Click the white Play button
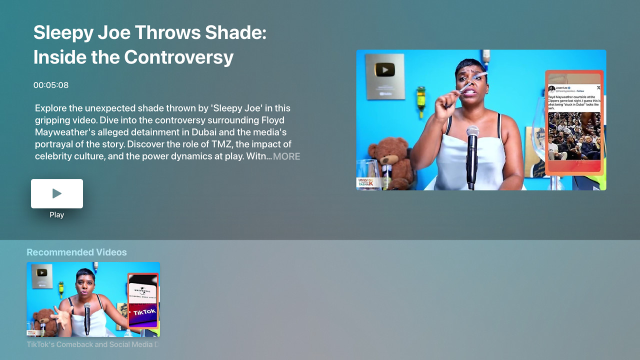(57, 193)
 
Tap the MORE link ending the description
(286, 156)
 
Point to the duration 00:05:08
(51, 85)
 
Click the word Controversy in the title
(179, 57)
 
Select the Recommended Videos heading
(76, 252)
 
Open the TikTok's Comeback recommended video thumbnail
(93, 299)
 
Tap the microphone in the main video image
(471, 155)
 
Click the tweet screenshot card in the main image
(574, 122)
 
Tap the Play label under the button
(57, 215)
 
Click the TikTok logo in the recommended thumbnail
(144, 312)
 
